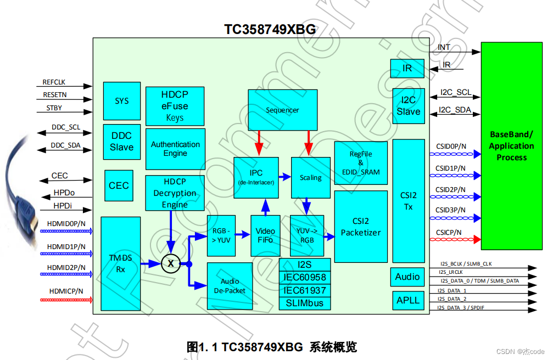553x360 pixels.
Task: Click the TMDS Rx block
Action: click(x=121, y=263)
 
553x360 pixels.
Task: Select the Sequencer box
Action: click(x=282, y=110)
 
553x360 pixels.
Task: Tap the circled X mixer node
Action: click(x=171, y=264)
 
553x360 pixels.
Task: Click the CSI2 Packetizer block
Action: click(x=360, y=227)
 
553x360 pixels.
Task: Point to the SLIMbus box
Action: click(x=305, y=303)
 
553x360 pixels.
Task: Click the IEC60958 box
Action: click(x=305, y=278)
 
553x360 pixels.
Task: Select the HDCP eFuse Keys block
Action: click(x=175, y=106)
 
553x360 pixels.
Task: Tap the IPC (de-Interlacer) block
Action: click(x=256, y=177)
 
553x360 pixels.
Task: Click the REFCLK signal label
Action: click(x=54, y=82)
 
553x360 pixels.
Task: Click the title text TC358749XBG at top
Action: click(x=270, y=30)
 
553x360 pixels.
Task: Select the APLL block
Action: click(x=408, y=300)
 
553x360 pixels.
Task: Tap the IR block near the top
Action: click(x=407, y=69)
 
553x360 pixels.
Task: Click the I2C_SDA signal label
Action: click(x=456, y=110)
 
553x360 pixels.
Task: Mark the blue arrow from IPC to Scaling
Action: click(x=284, y=177)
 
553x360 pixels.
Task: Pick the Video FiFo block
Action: click(x=265, y=235)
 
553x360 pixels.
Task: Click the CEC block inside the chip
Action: click(x=119, y=185)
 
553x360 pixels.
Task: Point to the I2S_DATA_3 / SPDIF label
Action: click(x=461, y=308)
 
